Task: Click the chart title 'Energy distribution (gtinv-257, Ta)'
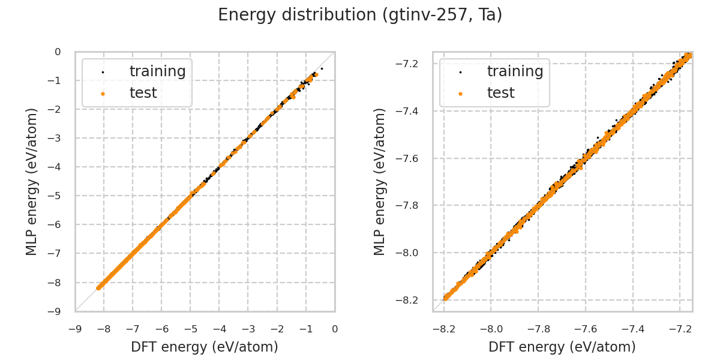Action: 360,15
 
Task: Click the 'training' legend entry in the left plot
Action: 157,71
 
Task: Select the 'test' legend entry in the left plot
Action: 143,93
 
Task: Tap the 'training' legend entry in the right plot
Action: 515,71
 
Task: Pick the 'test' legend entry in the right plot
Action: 500,93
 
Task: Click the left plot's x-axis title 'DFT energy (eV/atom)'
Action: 205,347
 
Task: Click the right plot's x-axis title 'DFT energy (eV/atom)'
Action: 562,347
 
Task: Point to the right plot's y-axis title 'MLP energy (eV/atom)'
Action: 380,181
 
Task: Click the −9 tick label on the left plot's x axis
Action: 75,329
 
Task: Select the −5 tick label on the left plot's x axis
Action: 190,329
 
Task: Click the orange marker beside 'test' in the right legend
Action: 460,94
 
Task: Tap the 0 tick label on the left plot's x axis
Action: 335,329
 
